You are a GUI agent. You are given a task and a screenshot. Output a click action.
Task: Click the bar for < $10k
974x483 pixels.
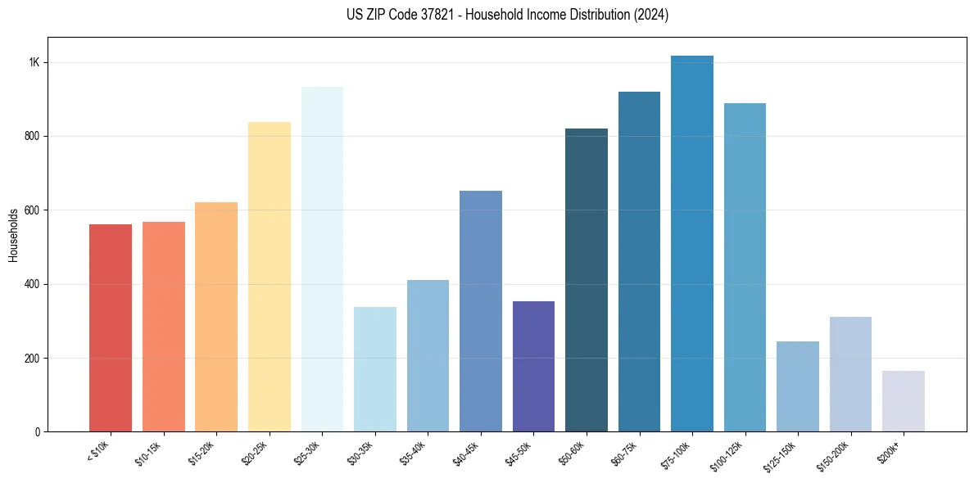(111, 327)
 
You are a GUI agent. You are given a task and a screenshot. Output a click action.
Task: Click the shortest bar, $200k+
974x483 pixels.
(904, 401)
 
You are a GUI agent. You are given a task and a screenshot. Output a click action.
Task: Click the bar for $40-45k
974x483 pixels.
(481, 311)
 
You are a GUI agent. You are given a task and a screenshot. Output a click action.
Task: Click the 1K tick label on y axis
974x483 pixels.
(34, 63)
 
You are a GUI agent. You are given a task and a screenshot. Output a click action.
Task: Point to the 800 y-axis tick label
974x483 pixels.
(32, 137)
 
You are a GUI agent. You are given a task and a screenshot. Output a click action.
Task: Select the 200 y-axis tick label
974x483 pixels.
(32, 359)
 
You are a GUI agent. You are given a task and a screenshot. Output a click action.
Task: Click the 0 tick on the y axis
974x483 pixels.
(38, 432)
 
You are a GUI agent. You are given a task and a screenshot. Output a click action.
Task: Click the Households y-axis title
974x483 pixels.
(14, 234)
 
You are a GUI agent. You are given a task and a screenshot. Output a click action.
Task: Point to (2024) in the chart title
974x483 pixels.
(651, 15)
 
